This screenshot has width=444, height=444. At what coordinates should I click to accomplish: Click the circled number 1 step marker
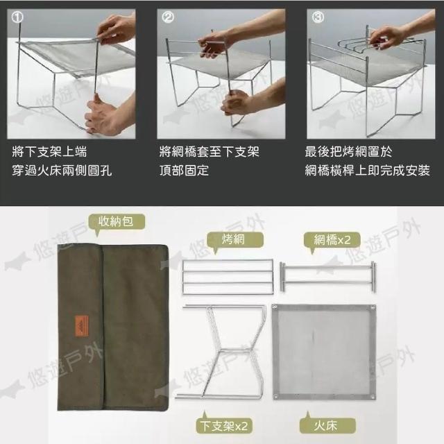17,17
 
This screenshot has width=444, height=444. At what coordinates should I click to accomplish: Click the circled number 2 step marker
167,17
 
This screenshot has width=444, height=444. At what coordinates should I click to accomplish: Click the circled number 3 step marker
318,17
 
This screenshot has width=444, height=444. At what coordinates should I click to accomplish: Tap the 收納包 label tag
117,222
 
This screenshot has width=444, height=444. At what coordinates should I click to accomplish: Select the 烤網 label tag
234,240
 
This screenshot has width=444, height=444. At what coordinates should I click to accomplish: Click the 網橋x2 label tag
332,240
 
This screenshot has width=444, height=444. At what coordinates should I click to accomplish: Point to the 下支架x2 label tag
223,426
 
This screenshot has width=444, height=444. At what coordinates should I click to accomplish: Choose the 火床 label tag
327,425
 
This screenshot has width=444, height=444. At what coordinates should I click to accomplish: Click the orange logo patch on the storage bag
82,326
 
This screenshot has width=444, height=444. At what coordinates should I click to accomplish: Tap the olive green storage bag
112,327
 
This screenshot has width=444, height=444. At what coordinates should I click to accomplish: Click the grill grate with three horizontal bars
228,277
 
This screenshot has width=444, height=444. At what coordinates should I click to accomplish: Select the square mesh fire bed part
324,352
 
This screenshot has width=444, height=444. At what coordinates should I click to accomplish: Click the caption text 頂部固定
184,171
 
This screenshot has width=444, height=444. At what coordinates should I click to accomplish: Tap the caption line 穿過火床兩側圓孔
62,171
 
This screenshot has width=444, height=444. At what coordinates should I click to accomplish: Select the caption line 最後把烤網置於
348,152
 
